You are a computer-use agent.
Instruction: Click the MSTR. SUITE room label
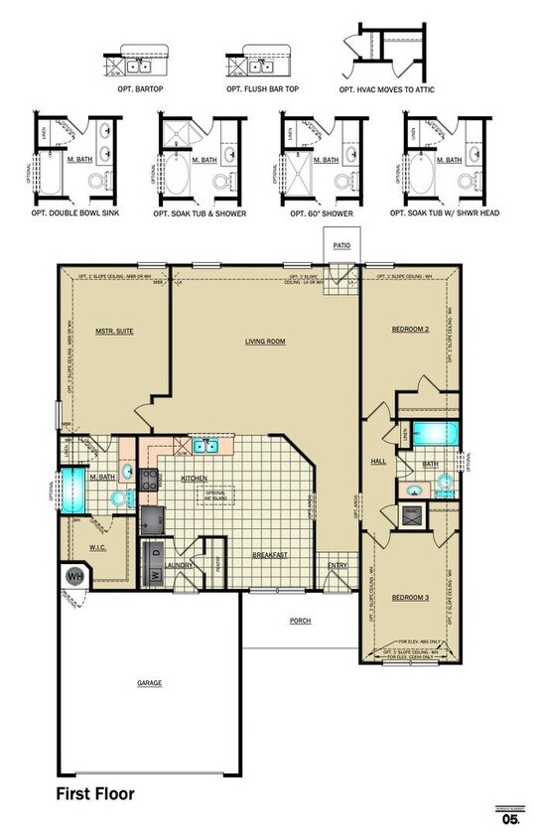tap(114, 331)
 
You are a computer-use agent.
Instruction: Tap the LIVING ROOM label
tap(265, 342)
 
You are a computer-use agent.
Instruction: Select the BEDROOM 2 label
tap(409, 328)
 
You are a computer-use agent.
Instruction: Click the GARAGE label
tap(149, 683)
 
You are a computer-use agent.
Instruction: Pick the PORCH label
tap(300, 621)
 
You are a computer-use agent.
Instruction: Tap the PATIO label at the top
tap(343, 241)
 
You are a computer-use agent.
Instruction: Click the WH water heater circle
tap(74, 575)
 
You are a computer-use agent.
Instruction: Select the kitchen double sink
tap(206, 447)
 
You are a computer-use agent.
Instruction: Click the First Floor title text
tap(95, 793)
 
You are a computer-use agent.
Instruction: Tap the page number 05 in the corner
tap(510, 819)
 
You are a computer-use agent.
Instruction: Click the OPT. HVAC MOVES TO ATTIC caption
tap(387, 89)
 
